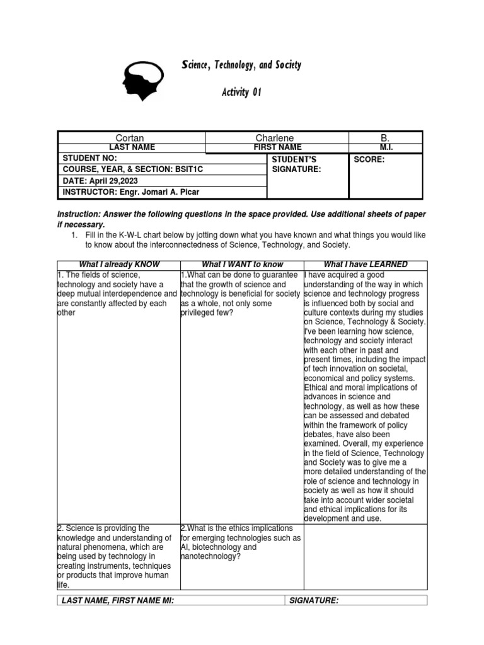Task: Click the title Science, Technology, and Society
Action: pyautogui.click(x=241, y=65)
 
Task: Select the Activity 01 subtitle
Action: pyautogui.click(x=241, y=93)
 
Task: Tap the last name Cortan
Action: pyautogui.click(x=130, y=138)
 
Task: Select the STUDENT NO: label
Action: pyautogui.click(x=88, y=158)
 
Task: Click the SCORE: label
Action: pyautogui.click(x=369, y=159)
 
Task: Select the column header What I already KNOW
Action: pyautogui.click(x=119, y=265)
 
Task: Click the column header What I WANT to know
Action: pyautogui.click(x=241, y=265)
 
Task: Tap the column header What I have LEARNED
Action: pyautogui.click(x=366, y=265)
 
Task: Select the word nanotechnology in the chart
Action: pyautogui.click(x=209, y=557)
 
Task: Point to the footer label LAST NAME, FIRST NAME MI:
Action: pyautogui.click(x=118, y=600)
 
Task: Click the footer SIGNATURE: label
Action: pyautogui.click(x=313, y=600)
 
